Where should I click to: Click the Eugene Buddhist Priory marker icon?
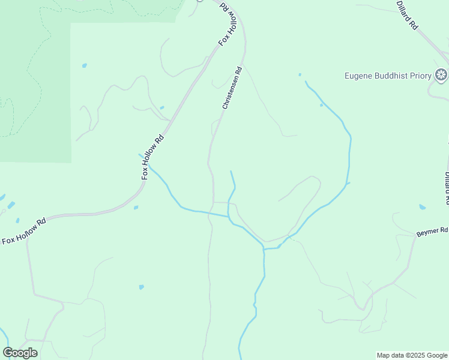[x=441, y=75]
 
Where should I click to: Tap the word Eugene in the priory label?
[x=358, y=76]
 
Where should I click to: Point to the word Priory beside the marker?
[x=420, y=76]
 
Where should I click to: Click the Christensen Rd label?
[x=232, y=88]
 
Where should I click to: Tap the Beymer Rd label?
[x=432, y=231]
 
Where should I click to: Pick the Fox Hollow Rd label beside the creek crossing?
[x=152, y=157]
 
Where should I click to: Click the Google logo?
[x=20, y=353]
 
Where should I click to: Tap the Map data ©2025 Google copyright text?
[x=412, y=355]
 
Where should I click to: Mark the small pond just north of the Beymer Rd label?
[x=423, y=207]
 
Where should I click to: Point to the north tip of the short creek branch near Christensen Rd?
[x=231, y=172]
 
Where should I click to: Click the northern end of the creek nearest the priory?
[x=306, y=81]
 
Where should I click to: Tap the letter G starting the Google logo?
[x=8, y=353]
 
